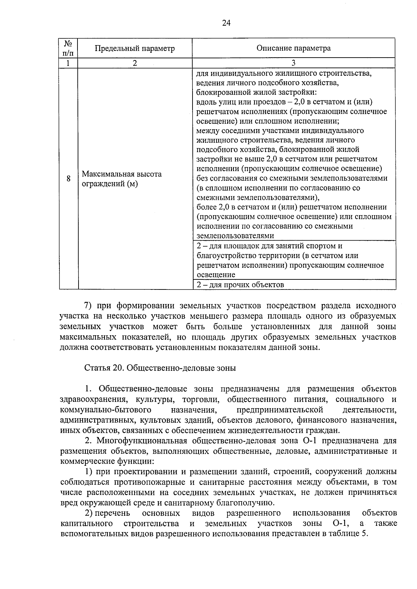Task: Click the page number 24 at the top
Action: coord(226,23)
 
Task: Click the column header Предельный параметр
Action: coord(135,48)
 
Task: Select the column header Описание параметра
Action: coord(293,48)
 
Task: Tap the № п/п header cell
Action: coord(68,48)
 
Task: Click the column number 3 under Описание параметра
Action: coord(293,63)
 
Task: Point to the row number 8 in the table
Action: coord(68,179)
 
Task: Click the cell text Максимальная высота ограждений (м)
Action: coord(122,179)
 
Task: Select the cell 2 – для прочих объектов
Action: coord(240,285)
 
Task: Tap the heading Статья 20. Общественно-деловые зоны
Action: coord(160,368)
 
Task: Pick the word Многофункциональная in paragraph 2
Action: coord(142,441)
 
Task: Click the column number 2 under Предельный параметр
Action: coord(135,63)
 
